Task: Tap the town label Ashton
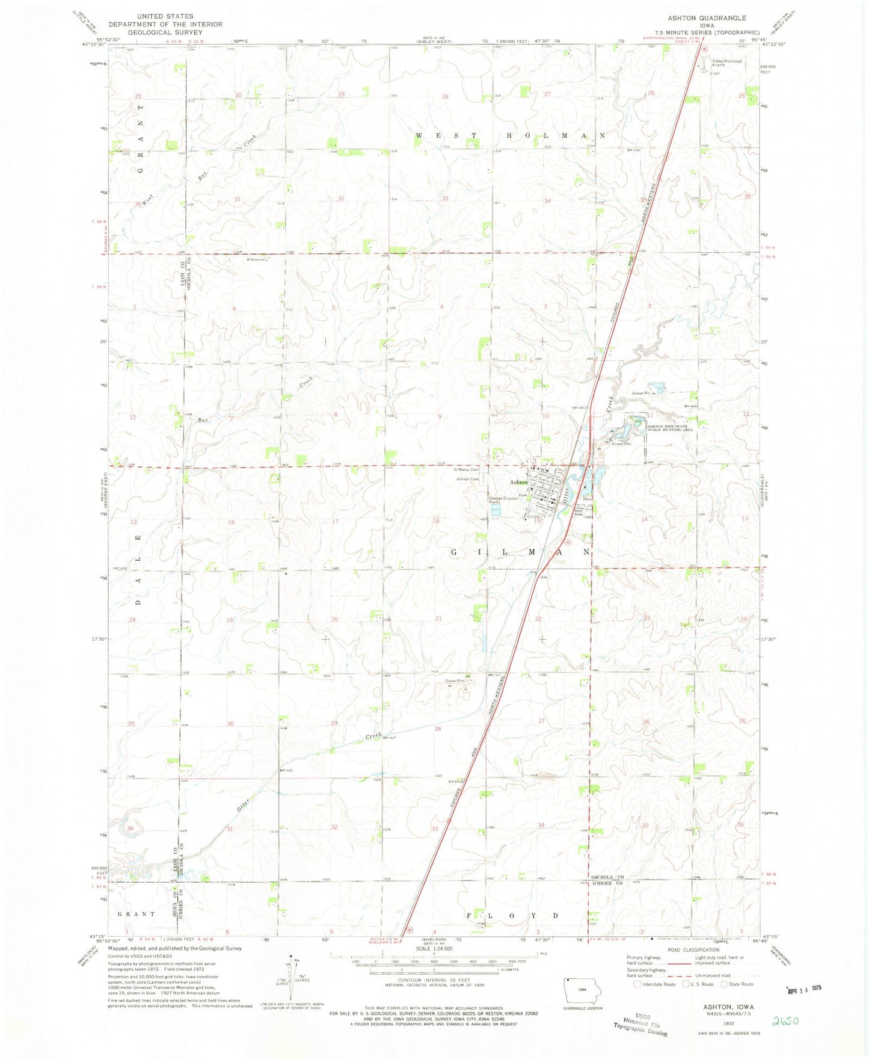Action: pos(518,483)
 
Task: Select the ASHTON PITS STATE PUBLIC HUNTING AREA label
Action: pos(670,428)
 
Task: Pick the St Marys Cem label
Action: pos(467,469)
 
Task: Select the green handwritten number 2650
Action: pos(788,1020)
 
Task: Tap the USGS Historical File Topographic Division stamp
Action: pos(640,1023)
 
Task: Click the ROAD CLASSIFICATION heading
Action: pos(693,949)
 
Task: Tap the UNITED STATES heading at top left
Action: pos(165,16)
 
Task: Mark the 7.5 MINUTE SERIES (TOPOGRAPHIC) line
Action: pos(707,32)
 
